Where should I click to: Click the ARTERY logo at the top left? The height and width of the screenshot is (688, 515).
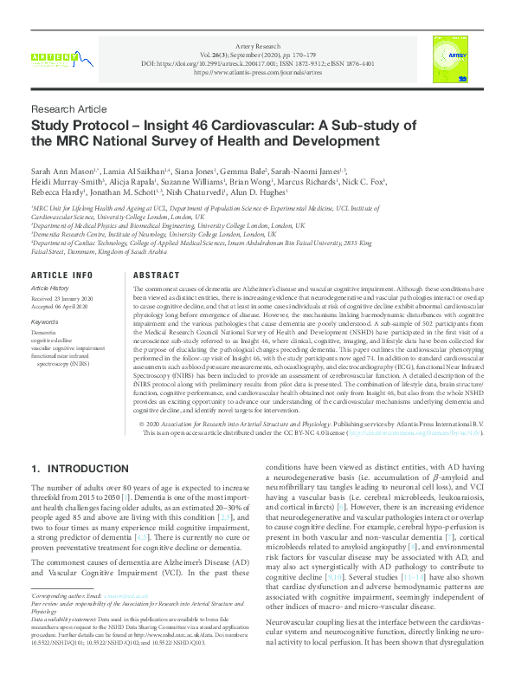click(53, 56)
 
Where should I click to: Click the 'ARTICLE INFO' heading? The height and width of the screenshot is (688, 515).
click(61, 275)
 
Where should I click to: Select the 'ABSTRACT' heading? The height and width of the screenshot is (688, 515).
click(157, 275)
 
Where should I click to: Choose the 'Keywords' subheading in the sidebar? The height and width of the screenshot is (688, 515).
click(45, 321)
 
